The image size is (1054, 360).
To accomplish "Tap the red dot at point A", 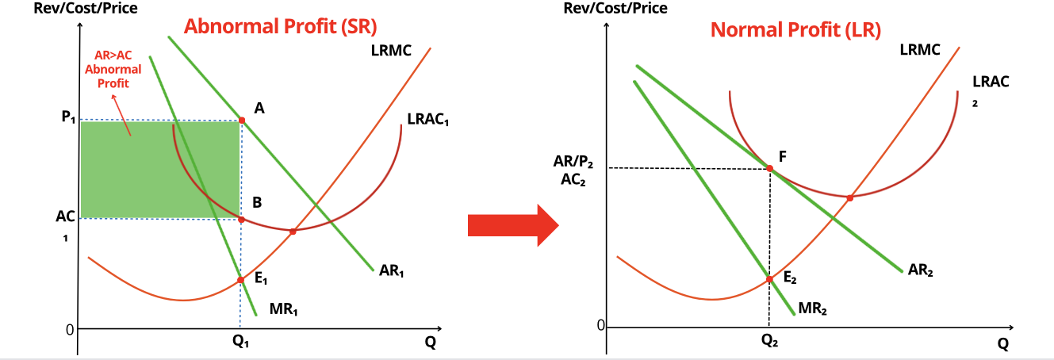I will [242, 121].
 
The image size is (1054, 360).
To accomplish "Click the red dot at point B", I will [242, 219].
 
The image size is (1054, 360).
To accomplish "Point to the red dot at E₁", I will [241, 279].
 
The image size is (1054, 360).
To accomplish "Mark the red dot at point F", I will [769, 168].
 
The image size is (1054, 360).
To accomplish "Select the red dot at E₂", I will [768, 278].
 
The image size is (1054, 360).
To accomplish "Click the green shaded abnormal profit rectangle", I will [159, 169].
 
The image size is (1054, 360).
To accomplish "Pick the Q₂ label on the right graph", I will [769, 343].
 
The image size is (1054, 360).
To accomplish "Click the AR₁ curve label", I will [392, 270].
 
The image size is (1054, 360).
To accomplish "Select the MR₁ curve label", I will [283, 309].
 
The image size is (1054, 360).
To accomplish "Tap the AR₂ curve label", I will [921, 270].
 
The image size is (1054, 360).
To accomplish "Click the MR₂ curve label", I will [813, 308].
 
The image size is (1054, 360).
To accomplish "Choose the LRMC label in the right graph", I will [920, 50].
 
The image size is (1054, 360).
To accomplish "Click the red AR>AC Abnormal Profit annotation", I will [113, 70].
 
